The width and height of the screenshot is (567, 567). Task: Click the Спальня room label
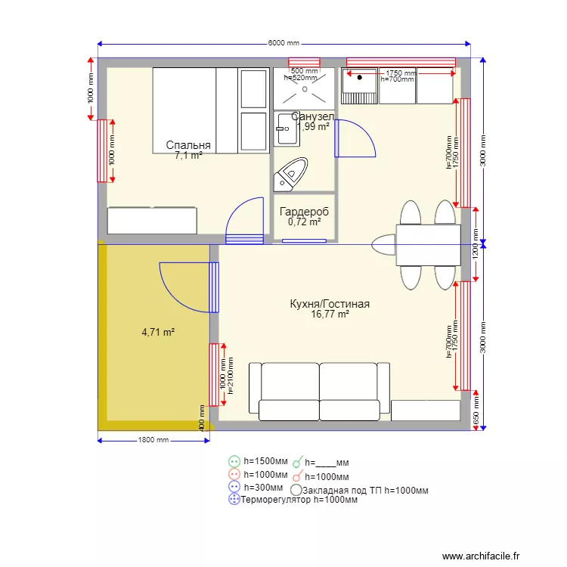pos(188,145)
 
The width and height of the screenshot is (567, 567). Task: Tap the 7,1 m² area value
pos(188,156)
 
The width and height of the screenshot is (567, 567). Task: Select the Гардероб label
pos(304,212)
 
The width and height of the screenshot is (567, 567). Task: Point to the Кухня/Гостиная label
pos(330,304)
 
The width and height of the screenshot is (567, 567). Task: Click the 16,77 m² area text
pos(330,314)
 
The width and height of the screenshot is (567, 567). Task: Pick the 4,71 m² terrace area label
pos(158,332)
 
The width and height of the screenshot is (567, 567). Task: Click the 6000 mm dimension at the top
pos(283,43)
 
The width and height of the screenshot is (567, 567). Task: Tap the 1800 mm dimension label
pos(153,440)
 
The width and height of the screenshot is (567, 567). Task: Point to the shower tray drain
pos(304,88)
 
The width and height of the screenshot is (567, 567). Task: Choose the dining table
pos(427,246)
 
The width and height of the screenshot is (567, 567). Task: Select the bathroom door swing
pos(354,138)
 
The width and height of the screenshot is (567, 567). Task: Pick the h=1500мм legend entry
pos(265,460)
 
